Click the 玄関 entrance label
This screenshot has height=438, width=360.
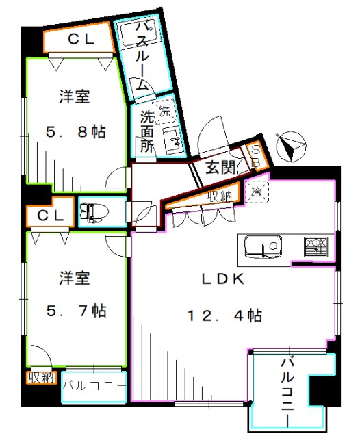[220, 166]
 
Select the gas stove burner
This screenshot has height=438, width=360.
[316, 246]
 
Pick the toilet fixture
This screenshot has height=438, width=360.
[92, 213]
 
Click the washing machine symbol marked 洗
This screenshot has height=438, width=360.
[164, 112]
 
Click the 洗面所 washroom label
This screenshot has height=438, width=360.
[146, 131]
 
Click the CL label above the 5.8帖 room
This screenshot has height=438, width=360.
[79, 40]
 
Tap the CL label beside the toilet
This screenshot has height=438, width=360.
[51, 215]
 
